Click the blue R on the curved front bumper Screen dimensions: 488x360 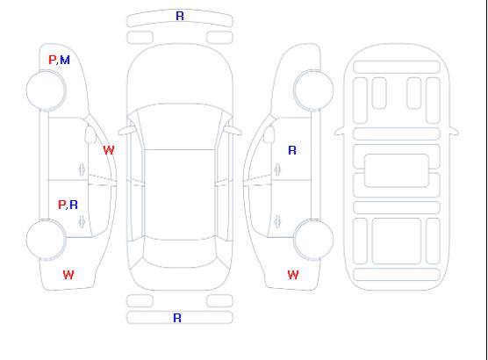click(180, 16)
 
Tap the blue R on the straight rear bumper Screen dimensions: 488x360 click(177, 318)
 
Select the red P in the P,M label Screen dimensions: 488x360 click(53, 60)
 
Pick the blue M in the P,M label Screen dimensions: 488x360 click(65, 60)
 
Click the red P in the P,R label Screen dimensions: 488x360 click(62, 205)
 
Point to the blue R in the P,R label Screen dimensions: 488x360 click(74, 205)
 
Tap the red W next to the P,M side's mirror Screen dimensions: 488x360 click(109, 150)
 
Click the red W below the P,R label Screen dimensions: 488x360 click(68, 275)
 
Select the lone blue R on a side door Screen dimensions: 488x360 click(292, 150)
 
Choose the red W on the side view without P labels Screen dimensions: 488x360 click(293, 275)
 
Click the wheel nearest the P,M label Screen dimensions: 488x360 click(46, 90)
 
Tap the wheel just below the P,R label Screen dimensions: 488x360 click(46, 240)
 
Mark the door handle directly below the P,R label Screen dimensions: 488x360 click(82, 221)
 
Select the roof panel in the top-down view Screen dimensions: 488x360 click(180, 195)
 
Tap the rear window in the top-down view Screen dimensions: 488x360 click(180, 253)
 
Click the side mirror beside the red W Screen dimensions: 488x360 click(90, 134)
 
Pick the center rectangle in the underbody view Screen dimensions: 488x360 click(397, 170)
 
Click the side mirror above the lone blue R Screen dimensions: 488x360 click(269, 134)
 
